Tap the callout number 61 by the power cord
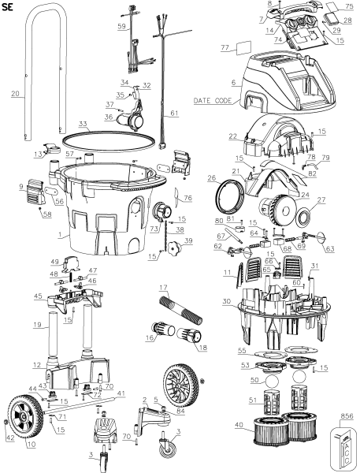(x=175, y=114)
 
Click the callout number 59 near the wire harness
(x=121, y=27)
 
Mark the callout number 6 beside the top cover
(x=232, y=82)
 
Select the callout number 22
(x=232, y=136)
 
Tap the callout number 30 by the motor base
(x=225, y=300)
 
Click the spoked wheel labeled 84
(x=181, y=384)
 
